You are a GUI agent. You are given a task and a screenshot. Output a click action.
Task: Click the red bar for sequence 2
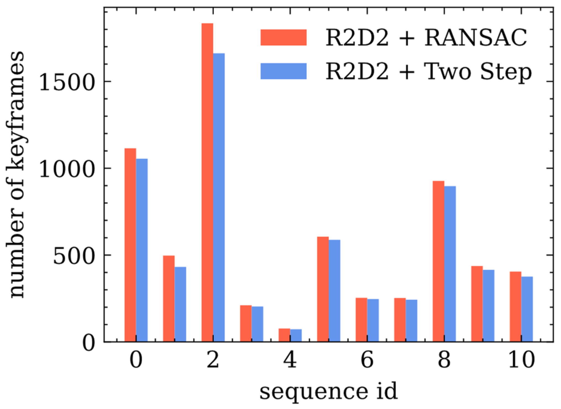pos(207,182)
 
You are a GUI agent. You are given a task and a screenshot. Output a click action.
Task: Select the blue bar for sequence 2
pos(219,198)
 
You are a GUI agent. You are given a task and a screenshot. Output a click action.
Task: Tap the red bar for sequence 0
pos(130,245)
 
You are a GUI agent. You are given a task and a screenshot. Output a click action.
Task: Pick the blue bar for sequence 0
pos(142,250)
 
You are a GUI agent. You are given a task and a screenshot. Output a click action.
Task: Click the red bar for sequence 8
pos(438,261)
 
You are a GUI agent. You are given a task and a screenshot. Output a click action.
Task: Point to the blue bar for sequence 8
pos(450,264)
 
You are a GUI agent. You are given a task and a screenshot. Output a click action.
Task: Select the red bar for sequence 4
pos(284,335)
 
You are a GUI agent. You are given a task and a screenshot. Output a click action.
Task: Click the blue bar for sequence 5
pos(334,291)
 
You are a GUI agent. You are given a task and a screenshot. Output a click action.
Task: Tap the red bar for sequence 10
pos(515,307)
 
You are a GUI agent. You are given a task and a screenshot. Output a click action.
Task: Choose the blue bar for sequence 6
pos(373,320)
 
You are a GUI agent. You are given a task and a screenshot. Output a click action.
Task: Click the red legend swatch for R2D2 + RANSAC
pos(284,37)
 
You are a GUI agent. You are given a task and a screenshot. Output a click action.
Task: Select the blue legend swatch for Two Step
pos(284,71)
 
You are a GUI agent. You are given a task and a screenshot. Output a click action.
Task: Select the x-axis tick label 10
pos(521,360)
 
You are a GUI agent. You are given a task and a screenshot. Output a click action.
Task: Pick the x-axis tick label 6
pos(367,360)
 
